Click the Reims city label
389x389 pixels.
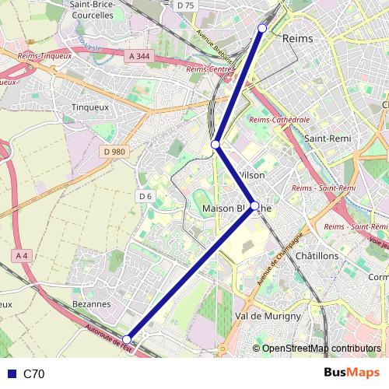[300, 38]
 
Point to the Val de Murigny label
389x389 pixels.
[268, 316]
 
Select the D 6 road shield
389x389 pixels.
[145, 196]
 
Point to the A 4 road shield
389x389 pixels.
[21, 256]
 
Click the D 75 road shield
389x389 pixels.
[184, 5]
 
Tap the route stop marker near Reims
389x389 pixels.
[262, 28]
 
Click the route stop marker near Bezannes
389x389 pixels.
[127, 338]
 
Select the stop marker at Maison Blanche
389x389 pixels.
[254, 207]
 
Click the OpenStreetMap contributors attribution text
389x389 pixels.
[321, 349]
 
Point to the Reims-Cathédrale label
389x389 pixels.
[279, 120]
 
